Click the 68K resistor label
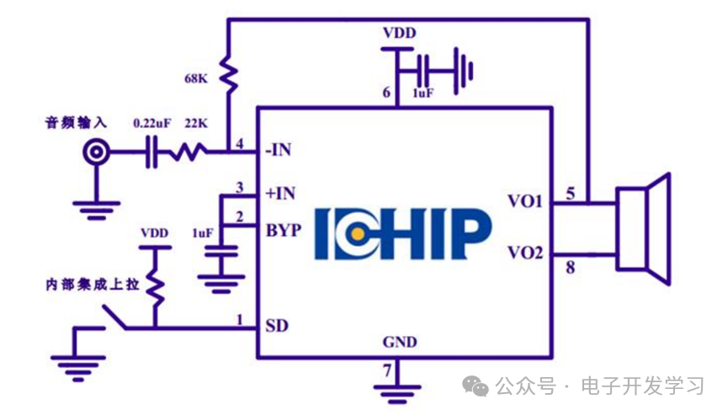point(197,80)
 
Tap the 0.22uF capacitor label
point(152,124)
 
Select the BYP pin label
point(283,230)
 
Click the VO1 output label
point(525,202)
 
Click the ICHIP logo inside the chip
point(403,233)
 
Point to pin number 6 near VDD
point(387,93)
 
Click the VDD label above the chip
point(399,35)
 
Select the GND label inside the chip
point(399,343)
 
